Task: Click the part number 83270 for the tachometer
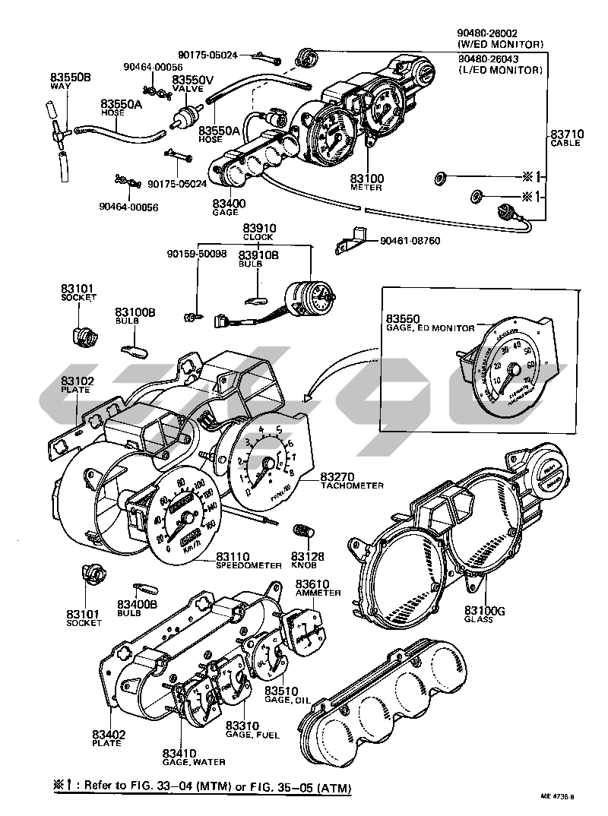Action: point(337,476)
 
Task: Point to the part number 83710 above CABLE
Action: point(566,134)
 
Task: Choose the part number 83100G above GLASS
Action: point(480,610)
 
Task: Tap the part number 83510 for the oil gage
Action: point(280,691)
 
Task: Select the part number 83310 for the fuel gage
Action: point(242,725)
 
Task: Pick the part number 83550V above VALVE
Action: point(192,79)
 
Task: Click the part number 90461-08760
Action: point(410,242)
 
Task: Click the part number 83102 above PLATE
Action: point(77,381)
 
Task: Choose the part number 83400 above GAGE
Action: point(229,204)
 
